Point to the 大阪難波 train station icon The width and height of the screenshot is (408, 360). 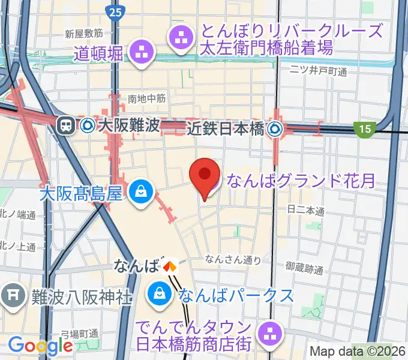(x=64, y=125)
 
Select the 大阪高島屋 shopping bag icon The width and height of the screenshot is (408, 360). (x=140, y=193)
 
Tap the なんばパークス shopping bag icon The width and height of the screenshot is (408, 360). (x=160, y=293)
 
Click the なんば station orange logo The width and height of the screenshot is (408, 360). (x=171, y=265)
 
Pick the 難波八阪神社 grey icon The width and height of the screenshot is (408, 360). (x=12, y=295)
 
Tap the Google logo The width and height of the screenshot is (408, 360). (x=40, y=345)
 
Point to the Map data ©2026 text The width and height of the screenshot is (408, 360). (x=356, y=351)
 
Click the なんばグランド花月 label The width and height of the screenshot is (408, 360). (x=300, y=179)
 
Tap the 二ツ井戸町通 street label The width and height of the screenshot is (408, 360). (x=318, y=71)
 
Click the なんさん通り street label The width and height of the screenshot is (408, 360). (x=233, y=259)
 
